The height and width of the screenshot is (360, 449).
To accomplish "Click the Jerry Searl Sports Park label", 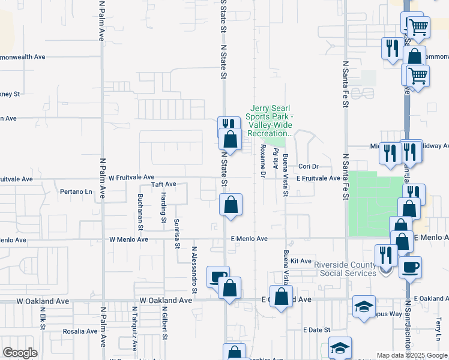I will pyautogui.click(x=271, y=120).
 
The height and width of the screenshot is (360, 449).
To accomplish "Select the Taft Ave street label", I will pyautogui.click(x=163, y=184).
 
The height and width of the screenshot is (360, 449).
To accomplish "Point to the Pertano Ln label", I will pyautogui.click(x=77, y=192).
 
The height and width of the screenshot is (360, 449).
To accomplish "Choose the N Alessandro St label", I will pyautogui.click(x=194, y=269).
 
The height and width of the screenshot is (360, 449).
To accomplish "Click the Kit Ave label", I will pyautogui.click(x=301, y=261).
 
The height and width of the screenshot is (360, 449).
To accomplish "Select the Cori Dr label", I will pyautogui.click(x=307, y=166).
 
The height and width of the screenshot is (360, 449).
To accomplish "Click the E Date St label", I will pyautogui.click(x=316, y=330).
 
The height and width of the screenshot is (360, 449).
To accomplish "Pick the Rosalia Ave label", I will pyautogui.click(x=80, y=331).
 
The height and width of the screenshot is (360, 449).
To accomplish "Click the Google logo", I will pyautogui.click(x=20, y=353).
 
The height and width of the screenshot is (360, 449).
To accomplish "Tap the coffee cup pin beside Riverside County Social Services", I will pyautogui.click(x=410, y=267).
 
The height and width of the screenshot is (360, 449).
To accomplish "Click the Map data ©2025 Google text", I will pyautogui.click(x=412, y=355).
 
